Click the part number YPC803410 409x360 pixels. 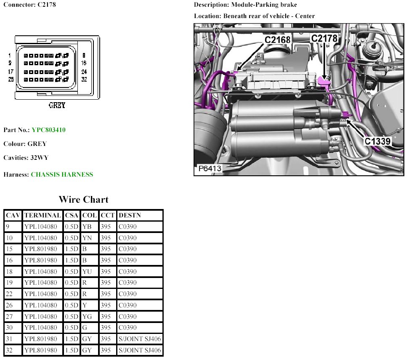click(x=48, y=130)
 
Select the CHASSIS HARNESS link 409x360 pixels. click(x=62, y=175)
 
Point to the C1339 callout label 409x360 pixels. click(x=378, y=141)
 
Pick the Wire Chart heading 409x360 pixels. click(x=83, y=199)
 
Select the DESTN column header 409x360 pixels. click(x=130, y=215)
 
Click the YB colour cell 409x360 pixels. click(x=87, y=227)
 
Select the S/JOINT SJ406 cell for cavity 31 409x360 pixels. click(x=140, y=339)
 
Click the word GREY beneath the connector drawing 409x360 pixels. click(x=57, y=106)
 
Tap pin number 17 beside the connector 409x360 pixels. click(x=11, y=71)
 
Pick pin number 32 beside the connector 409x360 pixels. click(x=84, y=79)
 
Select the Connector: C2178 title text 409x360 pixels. click(x=29, y=5)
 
